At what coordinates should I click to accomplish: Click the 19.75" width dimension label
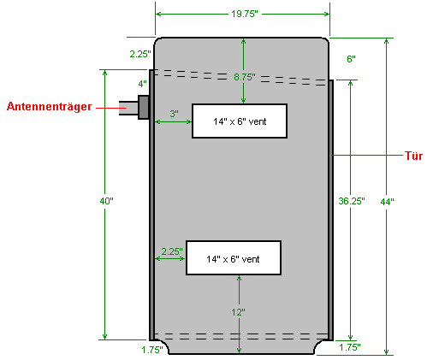coord(245,14)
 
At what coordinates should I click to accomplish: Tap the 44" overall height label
coord(387,202)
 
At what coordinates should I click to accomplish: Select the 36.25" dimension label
coord(352,201)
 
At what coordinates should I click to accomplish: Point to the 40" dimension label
coord(106,201)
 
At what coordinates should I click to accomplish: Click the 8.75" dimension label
coord(245,77)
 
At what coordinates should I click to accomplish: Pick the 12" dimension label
coord(238,312)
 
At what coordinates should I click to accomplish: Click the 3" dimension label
coord(174,114)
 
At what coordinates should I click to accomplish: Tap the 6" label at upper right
coord(351,59)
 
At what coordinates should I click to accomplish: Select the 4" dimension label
coord(142,84)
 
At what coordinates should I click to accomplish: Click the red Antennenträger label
coord(49,106)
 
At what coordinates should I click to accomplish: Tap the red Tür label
coord(413,156)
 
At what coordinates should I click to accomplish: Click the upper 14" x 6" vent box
coord(240,121)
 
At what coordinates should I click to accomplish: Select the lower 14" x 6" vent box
coord(234,258)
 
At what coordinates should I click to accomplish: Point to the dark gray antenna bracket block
coord(144,107)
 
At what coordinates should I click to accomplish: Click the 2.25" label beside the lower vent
coord(172,251)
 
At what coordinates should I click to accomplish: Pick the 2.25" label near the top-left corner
coord(140,54)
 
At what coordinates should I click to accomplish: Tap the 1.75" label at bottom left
coord(152,350)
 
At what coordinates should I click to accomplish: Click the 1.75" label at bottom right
coord(350,347)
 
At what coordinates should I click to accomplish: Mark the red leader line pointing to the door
coord(367,155)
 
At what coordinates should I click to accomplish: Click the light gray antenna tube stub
coord(128,108)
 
